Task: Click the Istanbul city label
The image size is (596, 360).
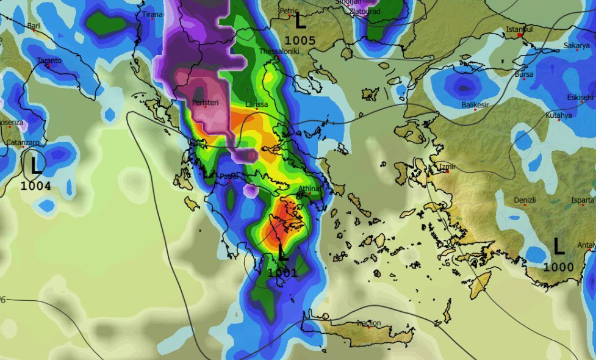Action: pyautogui.click(x=520, y=29)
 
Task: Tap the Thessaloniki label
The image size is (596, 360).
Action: pyautogui.click(x=279, y=51)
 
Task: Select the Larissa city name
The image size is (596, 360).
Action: pyautogui.click(x=256, y=104)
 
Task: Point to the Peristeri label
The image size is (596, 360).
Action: pyautogui.click(x=205, y=103)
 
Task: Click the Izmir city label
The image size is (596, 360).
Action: pyautogui.click(x=448, y=167)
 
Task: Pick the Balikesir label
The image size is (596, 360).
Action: pyautogui.click(x=476, y=106)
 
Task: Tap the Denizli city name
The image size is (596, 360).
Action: pyautogui.click(x=525, y=200)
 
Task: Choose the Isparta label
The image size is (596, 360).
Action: pyautogui.click(x=583, y=200)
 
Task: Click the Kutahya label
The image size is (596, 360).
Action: pyautogui.click(x=559, y=115)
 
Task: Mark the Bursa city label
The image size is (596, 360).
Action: pyautogui.click(x=524, y=74)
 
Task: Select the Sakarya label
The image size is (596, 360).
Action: pyautogui.click(x=576, y=46)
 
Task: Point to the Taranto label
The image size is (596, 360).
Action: pyautogui.click(x=49, y=60)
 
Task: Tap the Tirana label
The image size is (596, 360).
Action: pyautogui.click(x=153, y=14)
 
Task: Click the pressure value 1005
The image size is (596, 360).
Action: pyautogui.click(x=300, y=41)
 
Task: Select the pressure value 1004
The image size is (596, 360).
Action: pyautogui.click(x=36, y=185)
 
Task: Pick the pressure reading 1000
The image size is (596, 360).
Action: pyautogui.click(x=558, y=267)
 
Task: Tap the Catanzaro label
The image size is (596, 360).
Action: pyautogui.click(x=23, y=142)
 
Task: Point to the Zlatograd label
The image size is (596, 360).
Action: pyautogui.click(x=365, y=12)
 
